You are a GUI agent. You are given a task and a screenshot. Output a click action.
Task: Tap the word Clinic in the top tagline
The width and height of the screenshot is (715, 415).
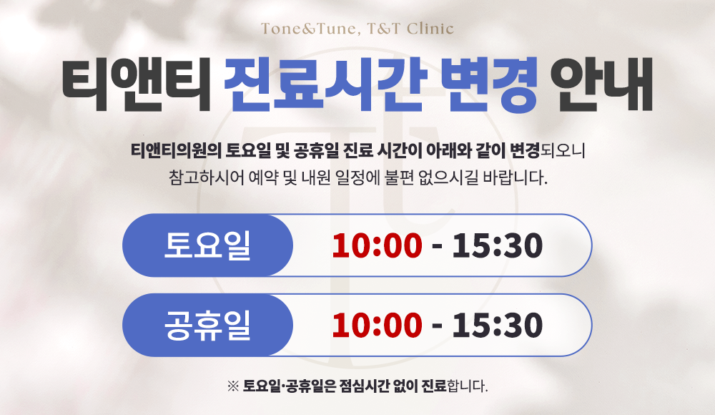pyautogui.click(x=430, y=29)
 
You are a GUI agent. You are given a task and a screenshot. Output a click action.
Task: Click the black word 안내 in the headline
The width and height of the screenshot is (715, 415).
pyautogui.click(x=602, y=84)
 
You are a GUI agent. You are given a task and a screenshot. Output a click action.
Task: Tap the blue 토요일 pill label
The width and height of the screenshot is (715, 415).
pyautogui.click(x=207, y=245)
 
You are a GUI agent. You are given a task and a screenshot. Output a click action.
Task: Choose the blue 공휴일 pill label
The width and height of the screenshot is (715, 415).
pyautogui.click(x=207, y=325)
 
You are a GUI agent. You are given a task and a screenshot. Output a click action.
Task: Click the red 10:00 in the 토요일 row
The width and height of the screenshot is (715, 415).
pyautogui.click(x=377, y=245)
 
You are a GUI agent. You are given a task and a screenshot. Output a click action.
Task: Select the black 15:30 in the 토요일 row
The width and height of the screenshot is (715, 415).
pyautogui.click(x=497, y=245)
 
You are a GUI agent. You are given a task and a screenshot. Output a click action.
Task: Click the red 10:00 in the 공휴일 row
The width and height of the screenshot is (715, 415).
pyautogui.click(x=377, y=325)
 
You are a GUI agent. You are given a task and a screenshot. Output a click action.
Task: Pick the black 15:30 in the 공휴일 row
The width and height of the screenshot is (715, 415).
pyautogui.click(x=497, y=325)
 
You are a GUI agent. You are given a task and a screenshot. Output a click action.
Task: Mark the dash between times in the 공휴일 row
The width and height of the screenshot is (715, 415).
pyautogui.click(x=437, y=328)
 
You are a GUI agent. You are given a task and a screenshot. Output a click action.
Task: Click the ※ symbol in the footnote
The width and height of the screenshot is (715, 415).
pyautogui.click(x=232, y=386)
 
